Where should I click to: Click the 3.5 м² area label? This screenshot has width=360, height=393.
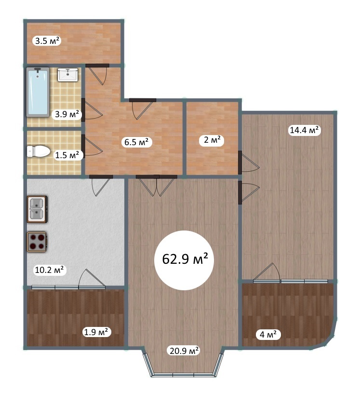[47, 41]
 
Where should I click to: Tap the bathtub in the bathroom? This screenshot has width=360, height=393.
[38, 92]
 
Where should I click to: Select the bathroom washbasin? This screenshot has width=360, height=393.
[67, 75]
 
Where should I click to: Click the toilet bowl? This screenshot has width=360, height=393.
[39, 151]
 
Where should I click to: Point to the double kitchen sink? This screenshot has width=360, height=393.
[37, 210]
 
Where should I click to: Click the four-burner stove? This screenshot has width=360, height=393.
[37, 242]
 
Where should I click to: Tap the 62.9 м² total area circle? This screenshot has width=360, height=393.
[185, 260]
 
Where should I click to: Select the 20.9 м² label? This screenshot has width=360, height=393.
[184, 351]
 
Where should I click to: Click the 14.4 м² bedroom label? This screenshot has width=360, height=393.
[305, 130]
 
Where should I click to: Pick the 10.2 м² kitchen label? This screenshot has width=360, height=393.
[50, 270]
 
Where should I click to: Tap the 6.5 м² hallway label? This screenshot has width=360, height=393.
[136, 142]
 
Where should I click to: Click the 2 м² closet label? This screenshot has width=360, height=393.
[212, 140]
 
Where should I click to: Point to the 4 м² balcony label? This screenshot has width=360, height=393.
[268, 334]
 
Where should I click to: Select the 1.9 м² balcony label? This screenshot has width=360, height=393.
[96, 332]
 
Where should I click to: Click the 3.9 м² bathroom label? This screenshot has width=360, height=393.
[67, 114]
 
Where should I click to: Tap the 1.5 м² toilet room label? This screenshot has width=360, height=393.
[67, 155]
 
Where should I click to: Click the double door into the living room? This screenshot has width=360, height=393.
[157, 185]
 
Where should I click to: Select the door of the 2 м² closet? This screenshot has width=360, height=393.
[248, 163]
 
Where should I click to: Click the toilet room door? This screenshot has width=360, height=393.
[92, 147]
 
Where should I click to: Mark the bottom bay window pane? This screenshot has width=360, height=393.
[183, 375]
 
